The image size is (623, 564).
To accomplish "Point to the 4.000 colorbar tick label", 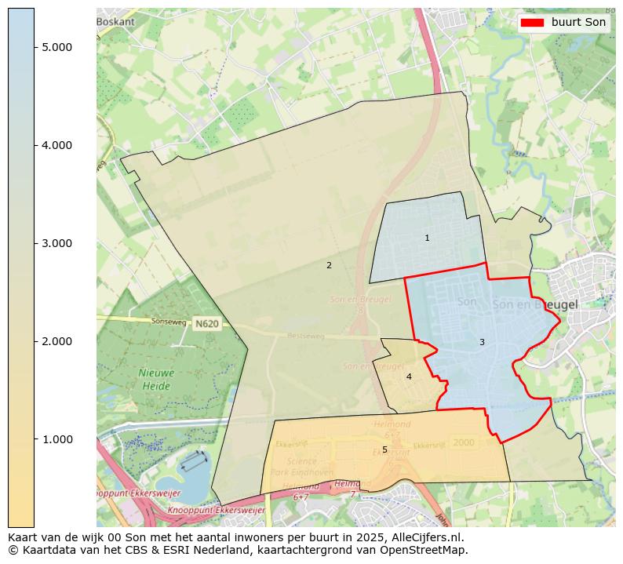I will pos(57,145).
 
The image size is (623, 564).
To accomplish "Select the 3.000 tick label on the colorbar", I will pos(57,243).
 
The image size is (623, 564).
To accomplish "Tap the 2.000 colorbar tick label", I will pos(57,341).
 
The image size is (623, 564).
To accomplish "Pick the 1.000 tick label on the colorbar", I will pos(57,439).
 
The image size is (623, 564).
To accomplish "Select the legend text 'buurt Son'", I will pos(578,23).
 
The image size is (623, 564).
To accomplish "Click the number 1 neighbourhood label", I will pos(427,238).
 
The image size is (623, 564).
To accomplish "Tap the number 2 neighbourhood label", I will pos(329,265).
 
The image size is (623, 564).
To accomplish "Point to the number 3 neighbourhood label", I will pos(482,342).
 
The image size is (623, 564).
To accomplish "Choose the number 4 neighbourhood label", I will pos(409,377).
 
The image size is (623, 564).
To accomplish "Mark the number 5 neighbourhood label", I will pos(384,449).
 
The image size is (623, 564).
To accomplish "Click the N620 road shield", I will pos(206,323).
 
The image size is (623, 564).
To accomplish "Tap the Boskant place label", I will pos(116,22).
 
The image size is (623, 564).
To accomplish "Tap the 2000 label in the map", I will pos(464,442).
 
